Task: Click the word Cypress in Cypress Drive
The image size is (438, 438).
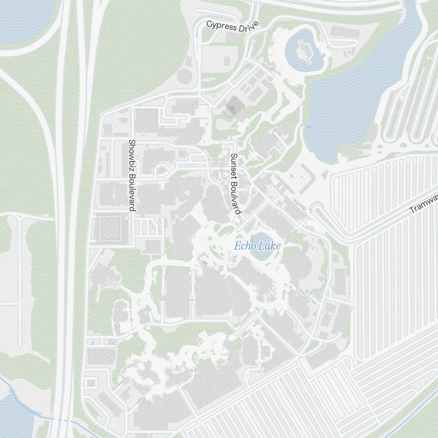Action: (223, 25)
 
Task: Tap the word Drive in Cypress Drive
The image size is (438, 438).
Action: (248, 28)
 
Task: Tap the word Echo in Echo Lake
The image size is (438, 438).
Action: (244, 246)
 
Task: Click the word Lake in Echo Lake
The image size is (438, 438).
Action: (268, 246)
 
